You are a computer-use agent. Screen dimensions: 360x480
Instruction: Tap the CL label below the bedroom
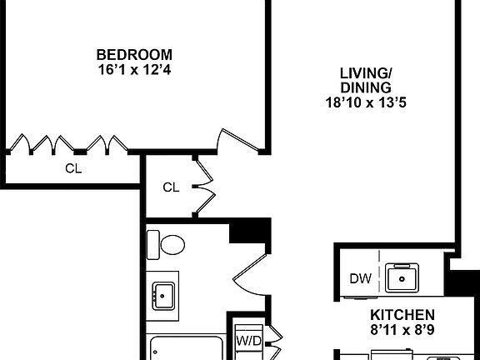click(74, 167)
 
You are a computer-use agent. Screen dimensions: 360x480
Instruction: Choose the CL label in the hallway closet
click(170, 187)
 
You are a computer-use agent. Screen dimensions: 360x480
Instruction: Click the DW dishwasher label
click(360, 278)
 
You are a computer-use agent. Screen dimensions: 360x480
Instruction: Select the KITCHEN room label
click(402, 315)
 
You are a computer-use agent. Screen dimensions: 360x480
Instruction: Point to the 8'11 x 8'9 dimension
click(402, 330)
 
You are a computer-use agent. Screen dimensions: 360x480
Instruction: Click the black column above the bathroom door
click(250, 230)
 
